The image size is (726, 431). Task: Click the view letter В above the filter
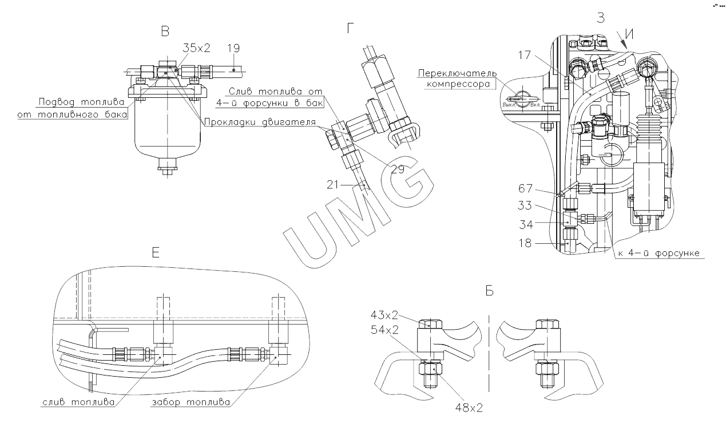[165, 32]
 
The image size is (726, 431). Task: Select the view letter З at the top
[601, 18]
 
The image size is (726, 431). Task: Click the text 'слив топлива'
[79, 402]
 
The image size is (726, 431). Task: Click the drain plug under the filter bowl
[166, 169]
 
